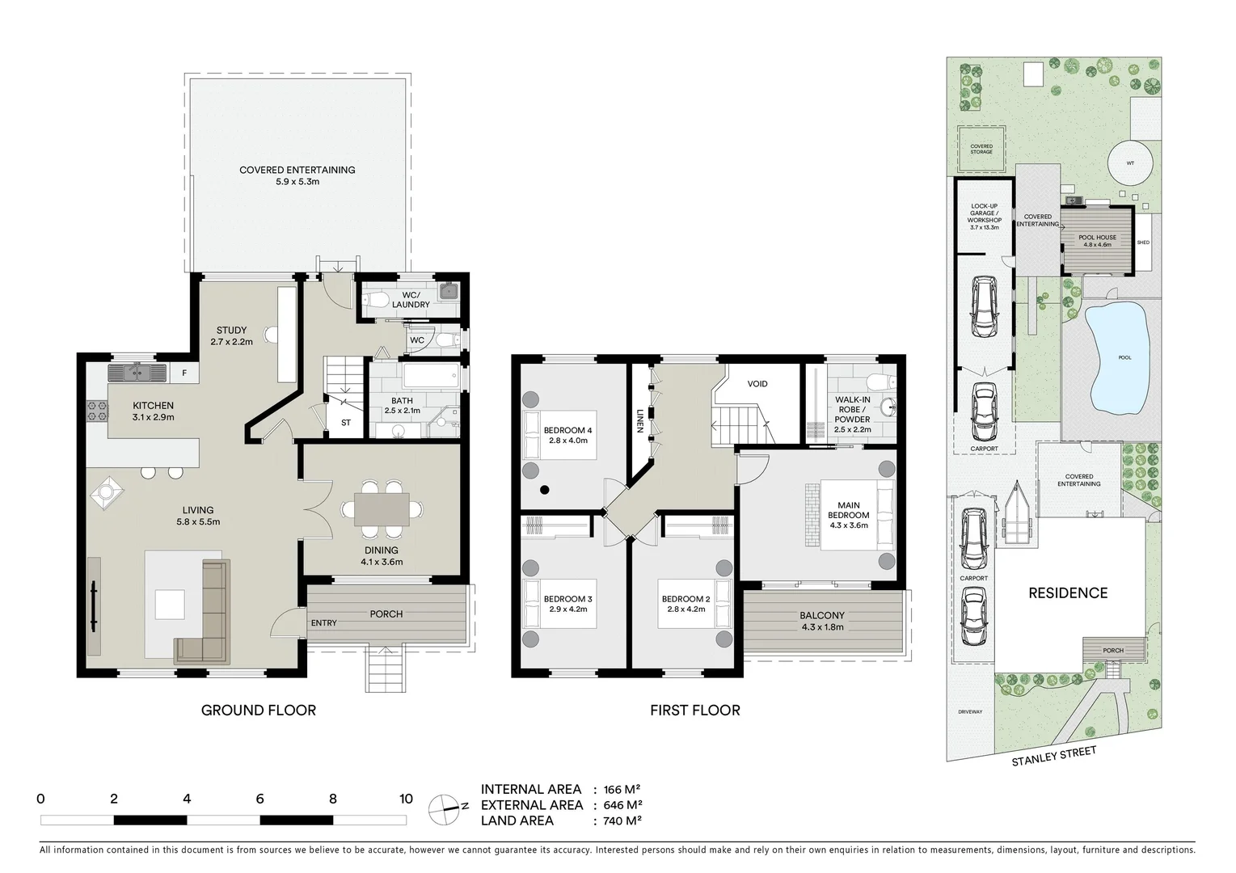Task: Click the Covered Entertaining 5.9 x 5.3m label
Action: pos(297,175)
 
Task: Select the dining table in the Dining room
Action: pos(382,509)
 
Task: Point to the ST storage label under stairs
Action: pos(346,423)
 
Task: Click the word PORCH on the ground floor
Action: pos(386,614)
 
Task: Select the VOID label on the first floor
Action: pos(757,384)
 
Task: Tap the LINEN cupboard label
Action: pos(639,420)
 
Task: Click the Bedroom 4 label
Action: pos(567,435)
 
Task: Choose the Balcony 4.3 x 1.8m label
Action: pos(822,621)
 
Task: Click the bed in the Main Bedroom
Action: pos(857,516)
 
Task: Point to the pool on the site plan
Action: pos(1119,356)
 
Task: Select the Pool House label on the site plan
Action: pos(1097,241)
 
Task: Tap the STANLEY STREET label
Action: pos(1054,757)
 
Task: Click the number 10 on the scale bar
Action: pos(406,799)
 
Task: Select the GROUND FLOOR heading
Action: pos(258,710)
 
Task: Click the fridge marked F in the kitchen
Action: pos(184,373)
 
